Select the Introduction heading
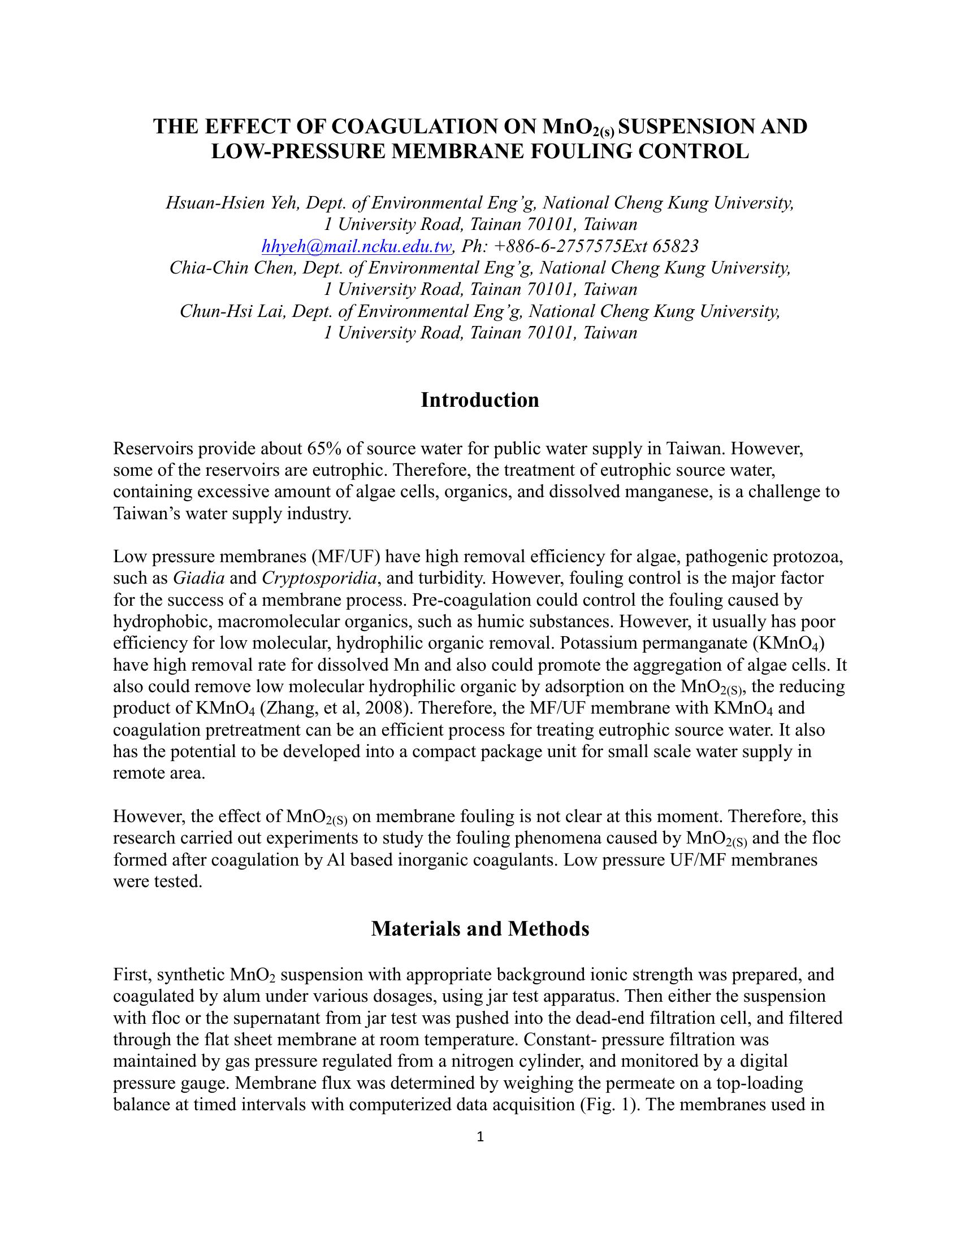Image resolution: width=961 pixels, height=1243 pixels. tap(480, 400)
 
